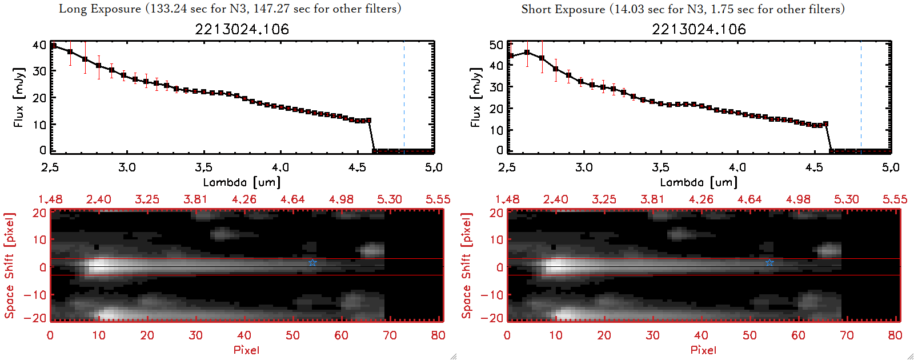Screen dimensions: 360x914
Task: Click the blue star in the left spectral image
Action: click(312, 263)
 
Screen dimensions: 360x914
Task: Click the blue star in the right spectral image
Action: click(769, 263)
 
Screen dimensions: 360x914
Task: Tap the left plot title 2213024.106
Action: click(242, 29)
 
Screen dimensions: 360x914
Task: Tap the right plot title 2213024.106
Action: click(699, 29)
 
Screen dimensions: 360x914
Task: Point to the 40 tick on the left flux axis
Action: click(39, 45)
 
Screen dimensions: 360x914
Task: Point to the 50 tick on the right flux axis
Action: click(496, 45)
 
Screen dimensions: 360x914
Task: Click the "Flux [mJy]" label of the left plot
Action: click(19, 97)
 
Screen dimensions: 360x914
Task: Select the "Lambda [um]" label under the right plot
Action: click(699, 182)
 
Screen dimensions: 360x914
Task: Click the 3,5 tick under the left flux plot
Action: click(203, 167)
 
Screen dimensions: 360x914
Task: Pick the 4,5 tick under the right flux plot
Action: click(814, 167)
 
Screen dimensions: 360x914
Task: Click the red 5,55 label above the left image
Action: click(438, 199)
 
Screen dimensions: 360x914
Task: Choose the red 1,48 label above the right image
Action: click(507, 199)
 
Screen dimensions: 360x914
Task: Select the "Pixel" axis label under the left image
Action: click(246, 350)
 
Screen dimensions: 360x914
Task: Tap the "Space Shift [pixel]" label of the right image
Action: click(467, 266)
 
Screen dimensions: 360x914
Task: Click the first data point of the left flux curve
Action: click(53, 46)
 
